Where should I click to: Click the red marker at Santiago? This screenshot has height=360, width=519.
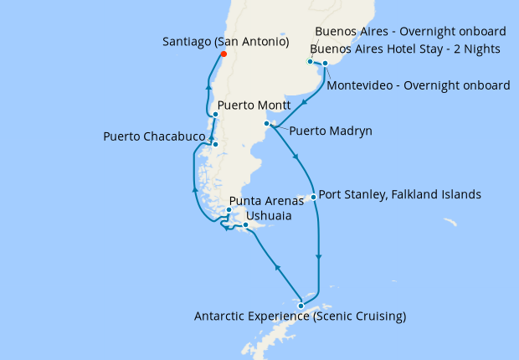[x=223, y=55]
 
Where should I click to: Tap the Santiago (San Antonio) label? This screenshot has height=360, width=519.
[x=226, y=41]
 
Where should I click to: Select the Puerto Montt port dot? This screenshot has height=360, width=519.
[x=216, y=115]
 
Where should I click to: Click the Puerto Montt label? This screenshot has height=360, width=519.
[x=253, y=106]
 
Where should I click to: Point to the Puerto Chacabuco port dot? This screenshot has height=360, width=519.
[x=215, y=145]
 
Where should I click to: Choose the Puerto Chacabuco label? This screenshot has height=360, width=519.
[x=155, y=136]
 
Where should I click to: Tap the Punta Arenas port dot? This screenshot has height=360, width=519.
[x=229, y=210]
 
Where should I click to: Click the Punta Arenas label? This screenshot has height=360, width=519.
[x=266, y=201]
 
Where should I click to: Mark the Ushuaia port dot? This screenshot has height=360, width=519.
[x=244, y=225]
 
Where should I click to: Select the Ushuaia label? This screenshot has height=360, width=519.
[x=269, y=216]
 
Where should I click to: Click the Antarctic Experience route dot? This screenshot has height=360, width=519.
[x=301, y=306]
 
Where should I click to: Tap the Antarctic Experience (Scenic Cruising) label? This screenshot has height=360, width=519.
[x=300, y=316]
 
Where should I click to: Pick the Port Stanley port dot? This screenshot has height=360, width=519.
[x=313, y=198]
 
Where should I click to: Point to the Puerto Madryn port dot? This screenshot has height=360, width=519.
[x=267, y=124]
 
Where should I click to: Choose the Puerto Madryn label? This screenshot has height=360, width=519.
[x=331, y=131]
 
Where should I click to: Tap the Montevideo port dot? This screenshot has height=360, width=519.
[x=325, y=63]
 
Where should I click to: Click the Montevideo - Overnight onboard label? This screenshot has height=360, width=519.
[x=419, y=85]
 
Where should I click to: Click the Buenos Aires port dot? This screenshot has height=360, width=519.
[x=311, y=61]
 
